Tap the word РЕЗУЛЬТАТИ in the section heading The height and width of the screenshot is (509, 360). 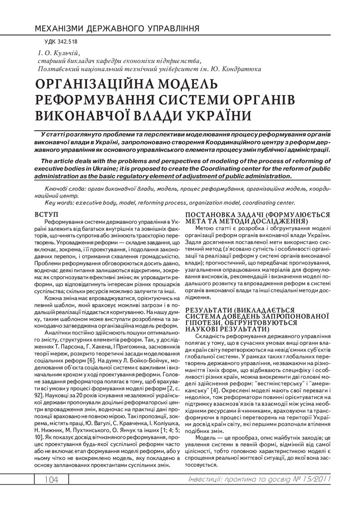209,309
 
